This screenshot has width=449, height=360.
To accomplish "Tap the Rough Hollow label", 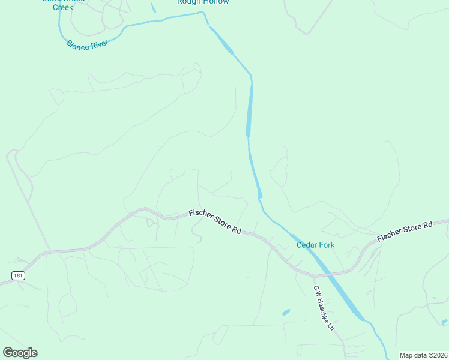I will (203, 2).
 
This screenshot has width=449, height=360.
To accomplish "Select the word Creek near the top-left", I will (62, 7).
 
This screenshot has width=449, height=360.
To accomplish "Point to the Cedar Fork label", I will (315, 245).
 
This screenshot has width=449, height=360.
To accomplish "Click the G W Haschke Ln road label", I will (322, 307).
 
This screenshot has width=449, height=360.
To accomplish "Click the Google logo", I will (20, 353).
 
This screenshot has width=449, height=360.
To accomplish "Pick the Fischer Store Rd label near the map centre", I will (214, 221).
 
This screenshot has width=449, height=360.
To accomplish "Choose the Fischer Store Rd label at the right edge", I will (405, 232).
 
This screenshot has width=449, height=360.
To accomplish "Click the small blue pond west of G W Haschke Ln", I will (286, 312).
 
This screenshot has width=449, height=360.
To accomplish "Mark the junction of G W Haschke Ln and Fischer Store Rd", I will (313, 276).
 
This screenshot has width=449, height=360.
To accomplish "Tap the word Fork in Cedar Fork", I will (327, 245).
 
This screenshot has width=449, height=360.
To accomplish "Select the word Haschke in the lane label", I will (323, 308).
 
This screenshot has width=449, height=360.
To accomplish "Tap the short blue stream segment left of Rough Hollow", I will (154, 7).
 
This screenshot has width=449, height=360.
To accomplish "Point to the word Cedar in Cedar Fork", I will (307, 245).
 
